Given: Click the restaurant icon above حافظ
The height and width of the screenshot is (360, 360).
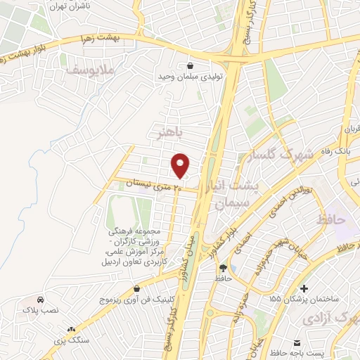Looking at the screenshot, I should [x=224, y=268].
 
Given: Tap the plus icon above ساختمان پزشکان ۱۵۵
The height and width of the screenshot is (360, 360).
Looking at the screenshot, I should [x=303, y=288].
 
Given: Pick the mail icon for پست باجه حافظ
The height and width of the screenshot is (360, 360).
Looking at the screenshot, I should [x=297, y=342].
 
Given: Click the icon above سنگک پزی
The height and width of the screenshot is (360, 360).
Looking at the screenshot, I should [x=71, y=328].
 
